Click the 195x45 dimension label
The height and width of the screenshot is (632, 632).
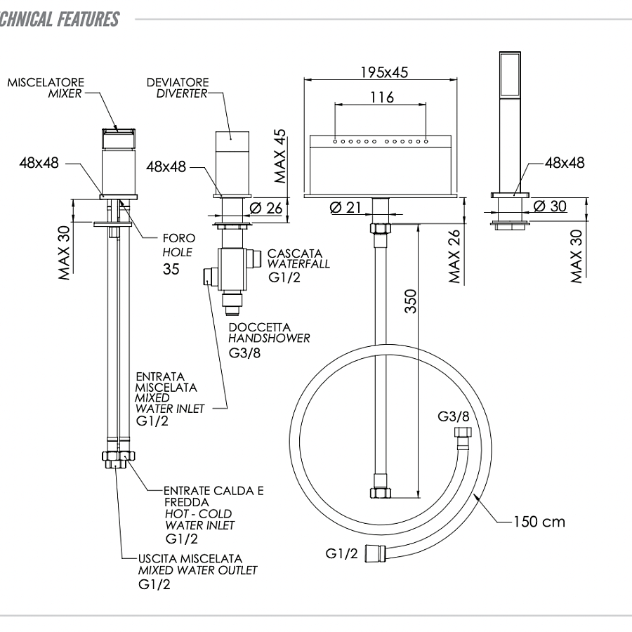(x=384, y=72)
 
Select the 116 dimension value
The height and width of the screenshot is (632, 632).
(x=382, y=97)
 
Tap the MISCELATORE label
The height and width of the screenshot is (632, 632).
(x=46, y=82)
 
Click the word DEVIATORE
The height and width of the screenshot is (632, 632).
(x=178, y=82)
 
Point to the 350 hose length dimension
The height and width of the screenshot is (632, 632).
(x=411, y=301)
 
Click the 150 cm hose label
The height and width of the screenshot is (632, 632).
(x=539, y=522)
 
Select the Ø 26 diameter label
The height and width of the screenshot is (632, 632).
(x=266, y=208)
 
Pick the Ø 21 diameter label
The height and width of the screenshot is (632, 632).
(x=345, y=207)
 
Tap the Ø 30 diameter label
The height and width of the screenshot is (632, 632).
(x=550, y=206)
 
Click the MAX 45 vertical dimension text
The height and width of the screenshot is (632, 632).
(x=279, y=156)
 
